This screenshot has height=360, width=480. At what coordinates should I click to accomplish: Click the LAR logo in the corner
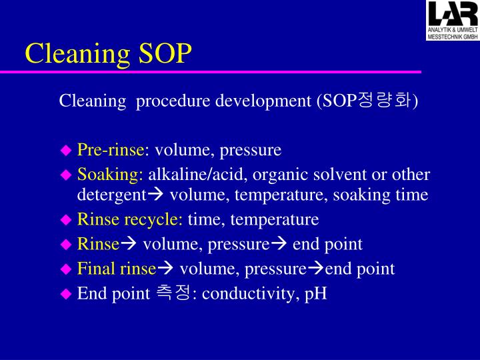pos(452,21)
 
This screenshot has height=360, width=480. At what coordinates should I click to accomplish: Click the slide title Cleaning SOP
pos(108,53)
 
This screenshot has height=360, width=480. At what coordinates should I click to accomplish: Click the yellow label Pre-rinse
pos(110,149)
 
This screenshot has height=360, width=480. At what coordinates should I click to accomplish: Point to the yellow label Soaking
pos(109,175)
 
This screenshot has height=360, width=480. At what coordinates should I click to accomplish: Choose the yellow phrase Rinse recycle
pos(130,219)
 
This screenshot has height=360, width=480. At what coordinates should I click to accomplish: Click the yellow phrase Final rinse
pos(116,269)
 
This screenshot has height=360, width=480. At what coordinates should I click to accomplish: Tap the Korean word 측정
pos(173,294)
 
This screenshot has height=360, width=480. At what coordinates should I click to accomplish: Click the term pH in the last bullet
pos(315,294)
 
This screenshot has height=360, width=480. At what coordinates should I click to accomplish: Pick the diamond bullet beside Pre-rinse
pos(65,150)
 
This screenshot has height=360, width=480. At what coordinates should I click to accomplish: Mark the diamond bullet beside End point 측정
pos(65,294)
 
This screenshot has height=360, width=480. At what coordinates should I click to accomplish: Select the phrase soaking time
pos(391,195)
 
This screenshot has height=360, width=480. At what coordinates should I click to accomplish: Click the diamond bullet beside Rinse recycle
pos(65,219)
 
